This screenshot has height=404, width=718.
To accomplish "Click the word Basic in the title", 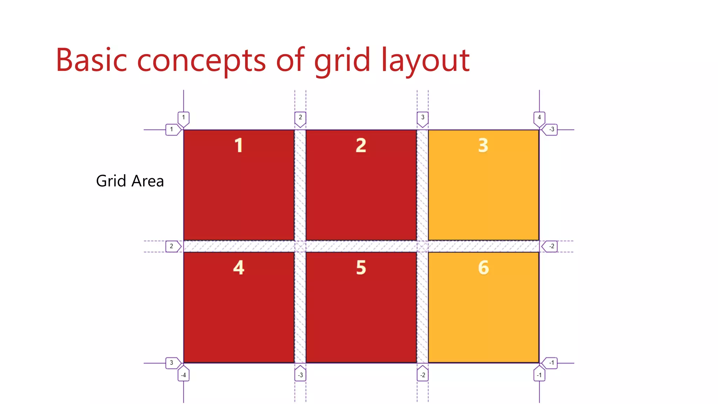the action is click(x=91, y=60).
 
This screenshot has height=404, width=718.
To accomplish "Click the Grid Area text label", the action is click(x=130, y=181).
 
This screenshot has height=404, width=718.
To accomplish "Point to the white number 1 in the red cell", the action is click(x=239, y=145).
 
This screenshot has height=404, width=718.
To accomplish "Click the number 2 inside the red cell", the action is click(x=361, y=145).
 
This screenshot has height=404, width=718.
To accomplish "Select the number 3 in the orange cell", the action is click(x=483, y=145).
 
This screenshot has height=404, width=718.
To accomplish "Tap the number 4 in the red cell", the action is click(x=239, y=268).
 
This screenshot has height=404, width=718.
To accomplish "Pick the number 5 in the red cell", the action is click(x=361, y=268).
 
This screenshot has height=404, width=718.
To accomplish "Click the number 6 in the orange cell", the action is click(x=483, y=268).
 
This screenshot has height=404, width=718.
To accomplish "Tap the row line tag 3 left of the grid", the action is click(x=172, y=363).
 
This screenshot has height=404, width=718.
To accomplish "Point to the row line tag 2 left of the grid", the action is click(x=172, y=246).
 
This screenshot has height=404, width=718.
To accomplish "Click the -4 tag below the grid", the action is click(x=183, y=375).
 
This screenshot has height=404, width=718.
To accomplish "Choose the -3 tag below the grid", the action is click(x=300, y=375).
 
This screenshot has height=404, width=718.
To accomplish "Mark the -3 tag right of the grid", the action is click(x=551, y=129).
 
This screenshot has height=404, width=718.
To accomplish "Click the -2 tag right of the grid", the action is click(x=551, y=246).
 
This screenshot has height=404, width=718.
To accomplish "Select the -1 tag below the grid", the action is click(x=539, y=375).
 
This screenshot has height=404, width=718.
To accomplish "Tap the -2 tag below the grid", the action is click(x=422, y=375).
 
